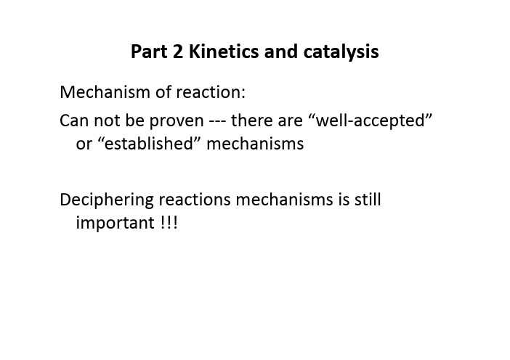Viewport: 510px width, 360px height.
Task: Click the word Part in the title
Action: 149,52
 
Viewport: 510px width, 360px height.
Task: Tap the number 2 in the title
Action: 178,52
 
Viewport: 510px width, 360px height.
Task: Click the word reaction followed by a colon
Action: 211,93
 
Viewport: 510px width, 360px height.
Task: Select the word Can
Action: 74,120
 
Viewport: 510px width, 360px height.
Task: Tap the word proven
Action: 177,121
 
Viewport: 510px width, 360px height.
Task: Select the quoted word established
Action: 149,144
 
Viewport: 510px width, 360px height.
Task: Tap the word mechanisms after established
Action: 255,144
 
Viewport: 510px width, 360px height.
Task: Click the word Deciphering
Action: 107,200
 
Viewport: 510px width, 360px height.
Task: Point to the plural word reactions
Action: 195,200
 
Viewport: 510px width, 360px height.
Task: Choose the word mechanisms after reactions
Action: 284,200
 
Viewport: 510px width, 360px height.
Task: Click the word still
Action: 368,199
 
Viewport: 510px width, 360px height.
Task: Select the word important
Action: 115,224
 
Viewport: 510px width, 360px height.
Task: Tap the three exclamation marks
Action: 169,223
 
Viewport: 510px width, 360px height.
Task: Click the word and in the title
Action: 281,52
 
